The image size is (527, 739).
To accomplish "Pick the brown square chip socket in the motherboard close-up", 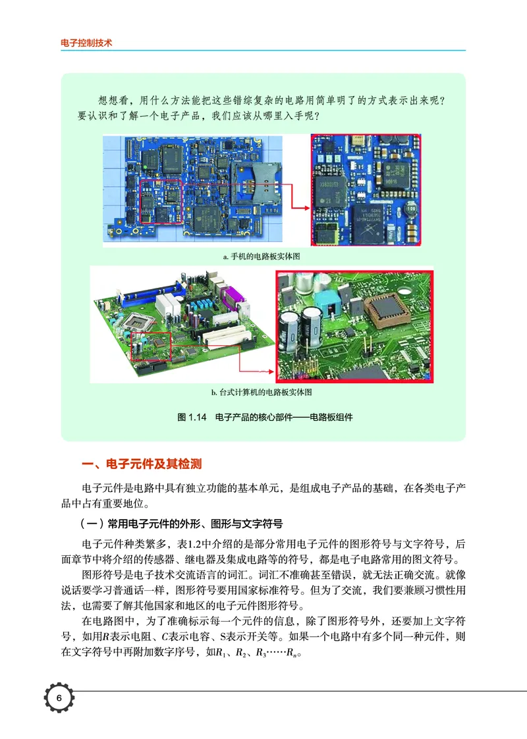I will click(387, 312).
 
